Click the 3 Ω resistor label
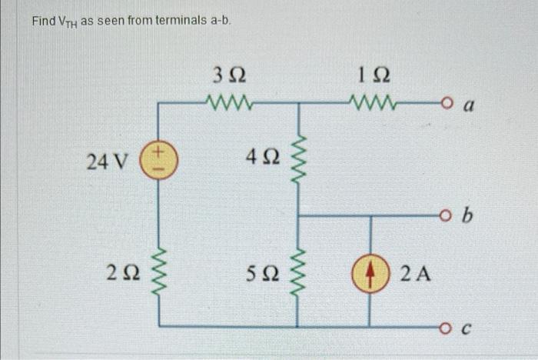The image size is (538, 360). click(x=228, y=76)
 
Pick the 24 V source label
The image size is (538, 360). click(x=108, y=162)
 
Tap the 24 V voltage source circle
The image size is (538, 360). click(x=158, y=162)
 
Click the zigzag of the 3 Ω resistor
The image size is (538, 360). click(x=228, y=101)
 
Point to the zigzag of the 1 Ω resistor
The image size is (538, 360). click(x=372, y=101)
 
